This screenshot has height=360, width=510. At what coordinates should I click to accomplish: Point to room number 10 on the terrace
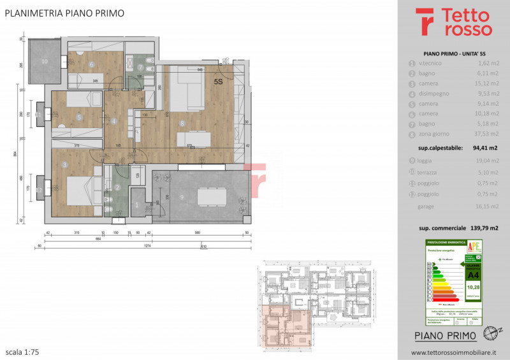[x=45, y=62]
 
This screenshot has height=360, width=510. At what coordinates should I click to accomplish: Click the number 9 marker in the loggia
[x=182, y=197]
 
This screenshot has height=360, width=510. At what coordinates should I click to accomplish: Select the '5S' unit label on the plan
[x=218, y=82]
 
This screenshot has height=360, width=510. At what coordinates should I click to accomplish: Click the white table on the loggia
[x=212, y=197]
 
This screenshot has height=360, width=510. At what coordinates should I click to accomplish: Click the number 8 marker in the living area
[x=182, y=124]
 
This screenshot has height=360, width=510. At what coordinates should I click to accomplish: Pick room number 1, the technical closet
[x=138, y=205]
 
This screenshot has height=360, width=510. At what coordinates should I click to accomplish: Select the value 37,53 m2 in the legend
[x=484, y=134]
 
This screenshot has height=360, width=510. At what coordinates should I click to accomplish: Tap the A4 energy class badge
[x=473, y=275]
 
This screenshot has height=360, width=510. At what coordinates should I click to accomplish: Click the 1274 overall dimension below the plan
[x=147, y=244]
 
